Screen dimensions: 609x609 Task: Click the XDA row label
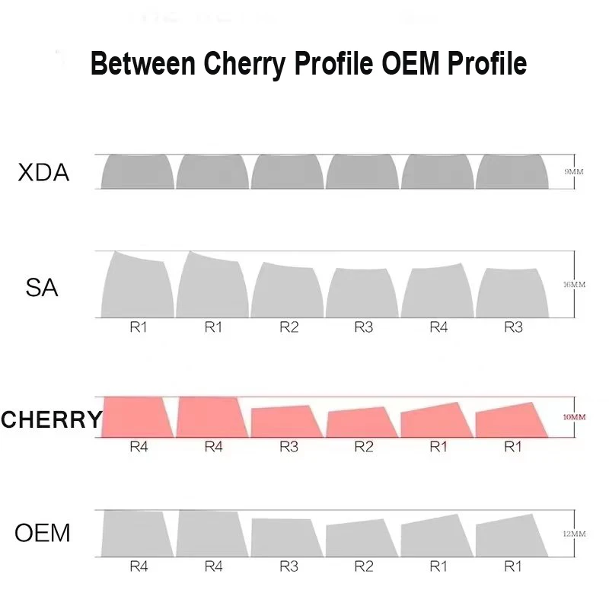click(x=43, y=173)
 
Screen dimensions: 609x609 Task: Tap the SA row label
click(x=42, y=289)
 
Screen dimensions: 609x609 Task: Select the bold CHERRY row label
click(x=51, y=419)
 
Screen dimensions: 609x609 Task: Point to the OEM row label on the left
click(x=43, y=533)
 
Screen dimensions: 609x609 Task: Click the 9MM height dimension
click(x=573, y=172)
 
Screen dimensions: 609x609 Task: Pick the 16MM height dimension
click(x=573, y=285)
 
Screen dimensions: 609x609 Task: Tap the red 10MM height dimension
click(x=573, y=417)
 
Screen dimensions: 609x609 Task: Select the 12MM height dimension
click(x=573, y=534)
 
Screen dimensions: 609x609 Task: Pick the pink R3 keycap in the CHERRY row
click(x=285, y=422)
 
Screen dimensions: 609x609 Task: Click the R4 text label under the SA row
click(x=438, y=328)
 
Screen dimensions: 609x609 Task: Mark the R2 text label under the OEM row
click(x=364, y=567)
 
